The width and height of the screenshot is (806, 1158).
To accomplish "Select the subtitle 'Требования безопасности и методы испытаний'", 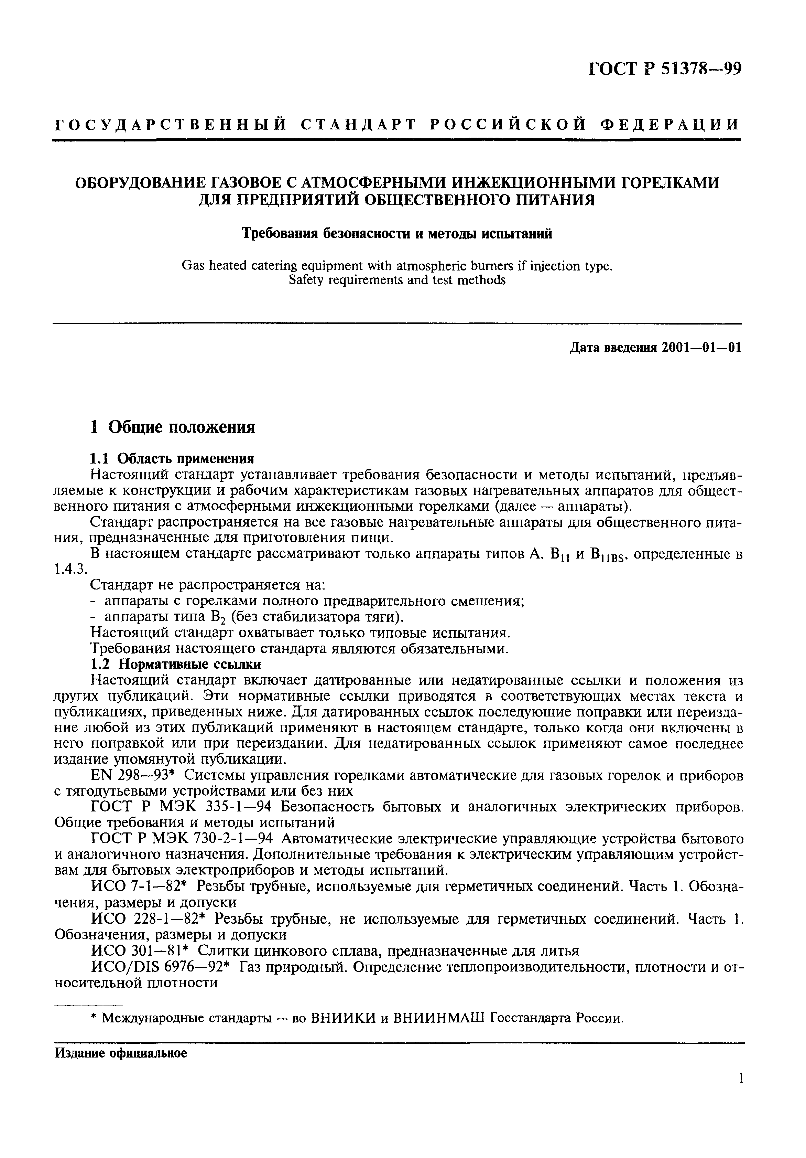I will [x=397, y=234].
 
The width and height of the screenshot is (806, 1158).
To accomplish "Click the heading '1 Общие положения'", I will [x=172, y=427].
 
